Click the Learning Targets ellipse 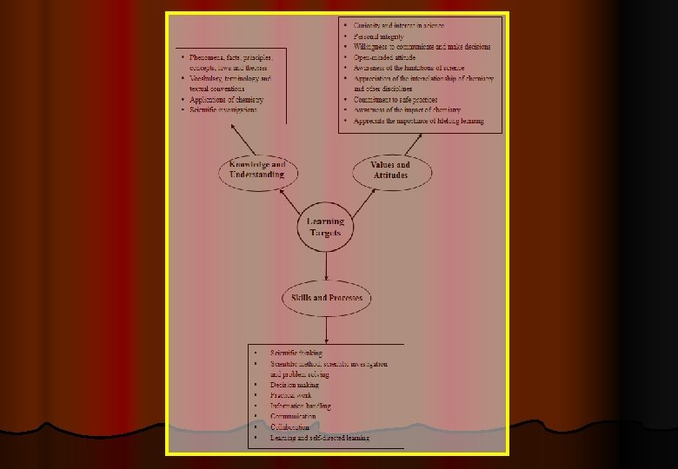click(x=326, y=228)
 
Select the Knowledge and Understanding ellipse click(x=257, y=169)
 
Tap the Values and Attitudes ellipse click(x=390, y=169)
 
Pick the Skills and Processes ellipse click(x=327, y=299)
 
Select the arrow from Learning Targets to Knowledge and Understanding click(x=290, y=199)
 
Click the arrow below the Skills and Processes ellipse click(x=326, y=328)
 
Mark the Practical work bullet click(x=290, y=395)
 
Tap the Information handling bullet click(x=301, y=406)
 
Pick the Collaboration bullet click(x=290, y=427)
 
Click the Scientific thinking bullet click(x=296, y=353)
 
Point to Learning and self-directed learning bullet click(x=320, y=438)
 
